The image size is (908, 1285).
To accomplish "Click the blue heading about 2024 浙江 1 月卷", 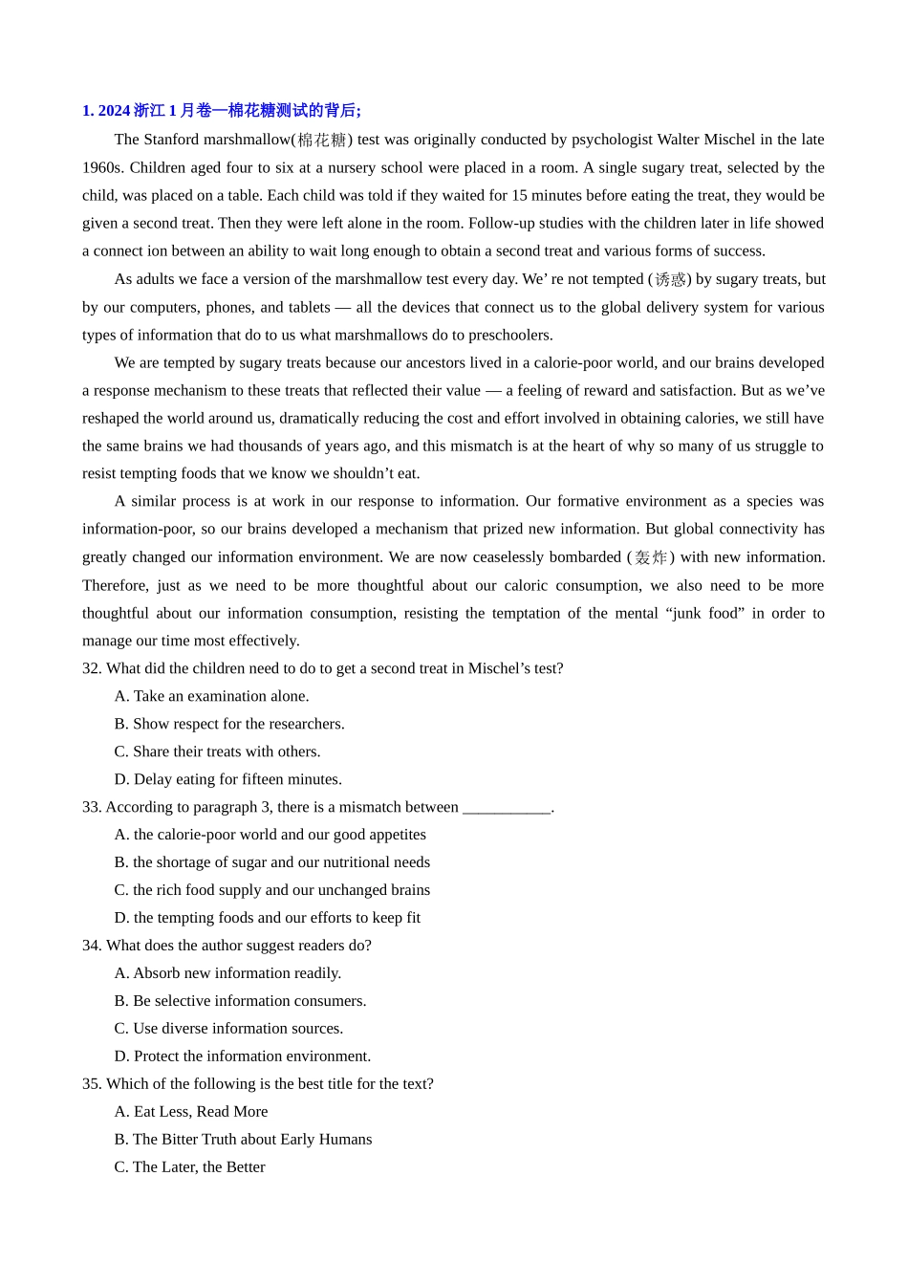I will point(222,111).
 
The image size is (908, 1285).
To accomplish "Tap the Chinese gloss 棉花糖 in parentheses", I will point(322,141).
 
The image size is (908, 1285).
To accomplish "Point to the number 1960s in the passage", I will point(102,167).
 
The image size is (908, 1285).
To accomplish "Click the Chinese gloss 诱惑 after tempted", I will point(670,280).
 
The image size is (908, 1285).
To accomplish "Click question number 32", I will point(92,668).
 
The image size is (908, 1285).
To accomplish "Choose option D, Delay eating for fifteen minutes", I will point(227,779).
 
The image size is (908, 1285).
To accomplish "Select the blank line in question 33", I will point(507,808).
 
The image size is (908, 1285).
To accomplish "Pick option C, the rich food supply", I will point(271,890).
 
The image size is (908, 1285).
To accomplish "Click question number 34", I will point(92,946).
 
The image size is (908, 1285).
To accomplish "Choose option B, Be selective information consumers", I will point(240,1001).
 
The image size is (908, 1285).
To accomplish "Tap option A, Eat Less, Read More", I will point(191,1112).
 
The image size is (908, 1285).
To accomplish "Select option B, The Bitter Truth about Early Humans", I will point(243,1140).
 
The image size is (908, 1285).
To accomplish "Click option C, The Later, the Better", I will point(189,1167).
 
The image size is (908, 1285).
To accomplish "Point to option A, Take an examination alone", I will point(211,696).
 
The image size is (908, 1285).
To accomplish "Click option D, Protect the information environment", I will point(242,1056).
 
